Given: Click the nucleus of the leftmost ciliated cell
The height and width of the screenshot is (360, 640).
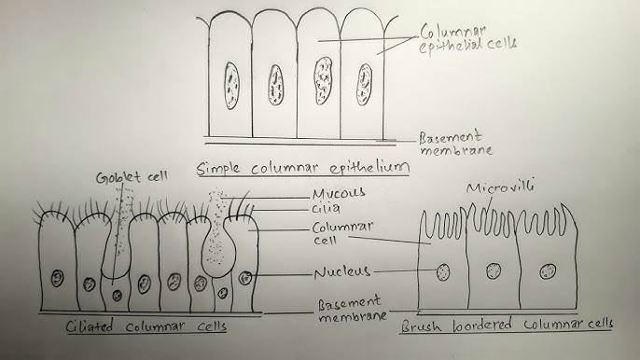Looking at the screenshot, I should pyautogui.click(x=57, y=278).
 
